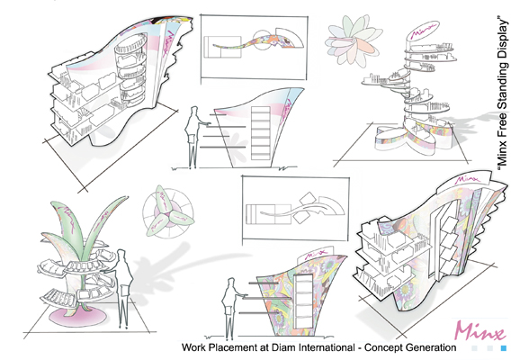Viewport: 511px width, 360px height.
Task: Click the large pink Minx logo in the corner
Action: (x=479, y=330)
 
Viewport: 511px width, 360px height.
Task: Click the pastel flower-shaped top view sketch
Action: (x=354, y=40)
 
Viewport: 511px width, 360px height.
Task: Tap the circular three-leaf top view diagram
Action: (x=168, y=212)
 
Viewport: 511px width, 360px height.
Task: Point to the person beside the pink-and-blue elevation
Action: (x=193, y=137)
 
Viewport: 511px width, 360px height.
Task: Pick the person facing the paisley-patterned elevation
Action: (x=231, y=308)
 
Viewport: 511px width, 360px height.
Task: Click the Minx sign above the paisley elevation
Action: (x=315, y=254)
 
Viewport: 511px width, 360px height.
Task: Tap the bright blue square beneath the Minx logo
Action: (x=503, y=348)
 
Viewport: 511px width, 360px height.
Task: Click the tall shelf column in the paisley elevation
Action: (x=303, y=302)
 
